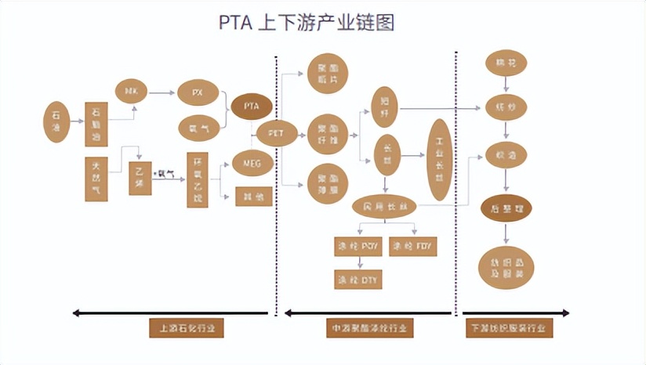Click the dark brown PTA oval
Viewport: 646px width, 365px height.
pyautogui.click(x=251, y=106)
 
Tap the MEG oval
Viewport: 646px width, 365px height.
pyautogui.click(x=252, y=163)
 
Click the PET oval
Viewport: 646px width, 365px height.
pyautogui.click(x=276, y=133)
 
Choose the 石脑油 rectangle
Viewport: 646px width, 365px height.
pyautogui.click(x=96, y=124)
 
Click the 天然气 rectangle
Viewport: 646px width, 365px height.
pyautogui.click(x=96, y=179)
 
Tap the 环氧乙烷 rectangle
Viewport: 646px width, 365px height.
pyautogui.click(x=198, y=179)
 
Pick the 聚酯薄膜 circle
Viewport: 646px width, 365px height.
pyautogui.click(x=327, y=184)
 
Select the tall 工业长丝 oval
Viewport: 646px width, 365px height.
pyautogui.click(x=440, y=159)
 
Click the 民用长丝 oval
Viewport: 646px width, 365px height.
pyautogui.click(x=384, y=207)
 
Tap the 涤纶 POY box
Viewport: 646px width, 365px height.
pyautogui.click(x=357, y=247)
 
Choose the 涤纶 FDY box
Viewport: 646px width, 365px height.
pyautogui.click(x=412, y=247)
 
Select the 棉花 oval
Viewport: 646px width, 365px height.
pyautogui.click(x=506, y=62)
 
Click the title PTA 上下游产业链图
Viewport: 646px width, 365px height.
pyautogui.click(x=307, y=22)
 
